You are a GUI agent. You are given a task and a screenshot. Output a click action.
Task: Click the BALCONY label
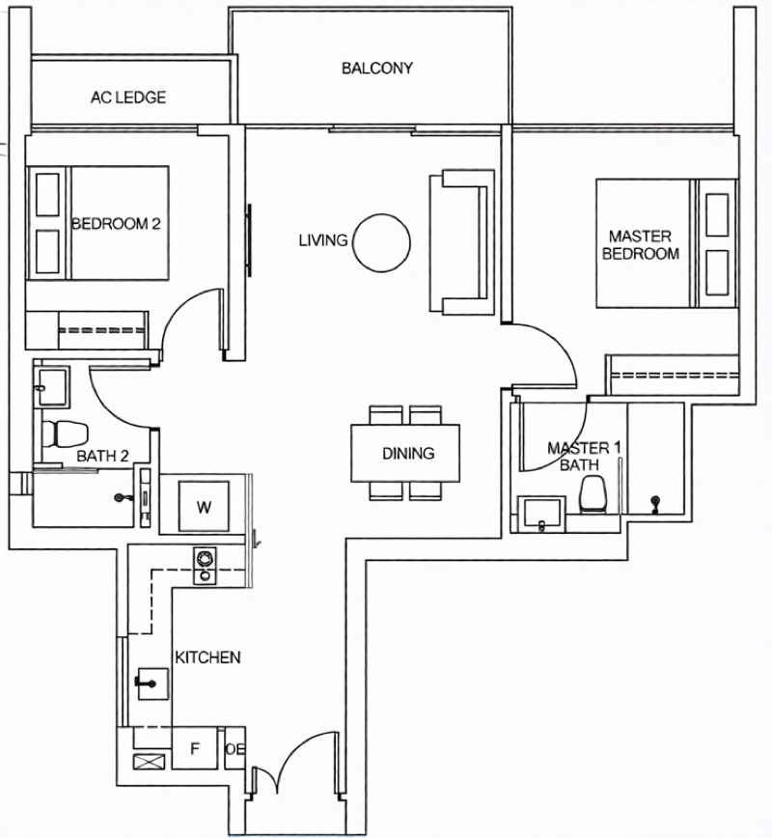377,68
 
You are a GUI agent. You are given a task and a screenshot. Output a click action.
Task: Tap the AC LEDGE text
128,98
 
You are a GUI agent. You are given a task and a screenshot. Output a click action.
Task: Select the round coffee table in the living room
382,242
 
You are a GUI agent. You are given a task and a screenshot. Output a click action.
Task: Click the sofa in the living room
462,241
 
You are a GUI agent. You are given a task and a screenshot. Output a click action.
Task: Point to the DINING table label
408,453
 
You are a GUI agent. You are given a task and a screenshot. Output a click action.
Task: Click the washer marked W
204,506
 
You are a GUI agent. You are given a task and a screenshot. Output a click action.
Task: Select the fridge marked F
195,748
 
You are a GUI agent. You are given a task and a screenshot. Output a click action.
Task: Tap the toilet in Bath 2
65,433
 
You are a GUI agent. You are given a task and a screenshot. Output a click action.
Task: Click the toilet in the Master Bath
593,494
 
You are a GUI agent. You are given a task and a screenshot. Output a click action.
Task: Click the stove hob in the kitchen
205,566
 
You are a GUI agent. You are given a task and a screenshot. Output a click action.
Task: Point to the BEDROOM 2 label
116,223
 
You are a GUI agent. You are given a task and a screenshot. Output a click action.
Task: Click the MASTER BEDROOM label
641,245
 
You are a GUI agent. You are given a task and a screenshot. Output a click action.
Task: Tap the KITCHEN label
207,656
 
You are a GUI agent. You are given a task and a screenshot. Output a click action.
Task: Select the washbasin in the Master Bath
541,515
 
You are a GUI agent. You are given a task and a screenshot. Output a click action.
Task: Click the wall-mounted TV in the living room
248,241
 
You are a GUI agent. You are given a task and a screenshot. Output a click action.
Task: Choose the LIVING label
323,240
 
